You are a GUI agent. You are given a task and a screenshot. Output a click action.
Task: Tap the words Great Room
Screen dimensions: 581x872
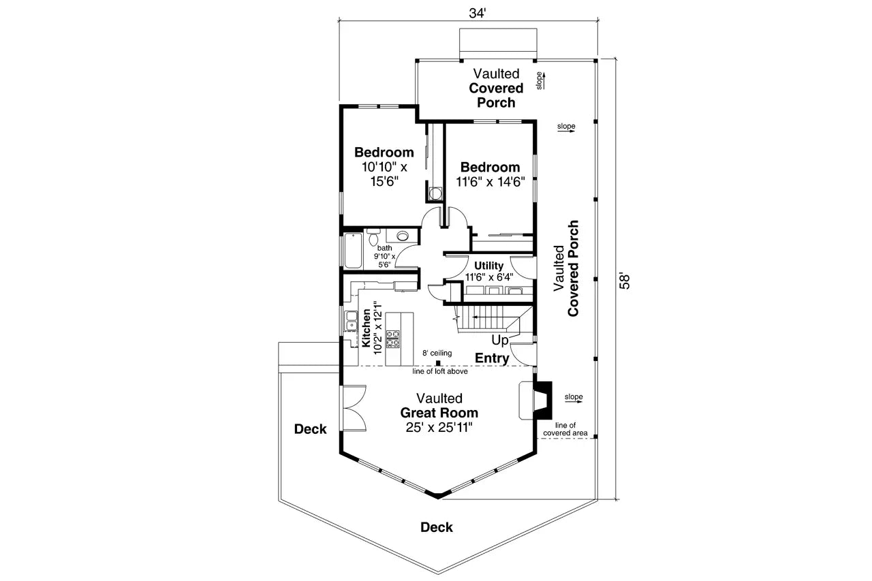(439, 413)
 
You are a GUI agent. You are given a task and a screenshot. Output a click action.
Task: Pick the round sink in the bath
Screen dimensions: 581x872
(403, 236)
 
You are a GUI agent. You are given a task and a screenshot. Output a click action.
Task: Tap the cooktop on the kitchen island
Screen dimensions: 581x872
(394, 339)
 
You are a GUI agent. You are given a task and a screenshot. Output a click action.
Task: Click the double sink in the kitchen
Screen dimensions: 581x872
(352, 321)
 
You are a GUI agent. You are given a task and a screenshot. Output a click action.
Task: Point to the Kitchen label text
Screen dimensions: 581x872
(366, 327)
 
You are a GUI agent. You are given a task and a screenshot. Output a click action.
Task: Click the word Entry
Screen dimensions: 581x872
(492, 358)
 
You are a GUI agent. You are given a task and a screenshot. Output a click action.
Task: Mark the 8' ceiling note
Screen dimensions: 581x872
(437, 353)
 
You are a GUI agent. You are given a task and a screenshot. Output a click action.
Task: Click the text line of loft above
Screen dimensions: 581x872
(439, 372)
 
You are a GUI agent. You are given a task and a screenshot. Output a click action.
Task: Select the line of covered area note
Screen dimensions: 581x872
(565, 429)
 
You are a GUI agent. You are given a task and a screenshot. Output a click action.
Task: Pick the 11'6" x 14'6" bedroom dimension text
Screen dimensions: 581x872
(490, 182)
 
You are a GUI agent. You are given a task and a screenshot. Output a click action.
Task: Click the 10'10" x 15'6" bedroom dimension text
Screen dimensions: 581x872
(384, 174)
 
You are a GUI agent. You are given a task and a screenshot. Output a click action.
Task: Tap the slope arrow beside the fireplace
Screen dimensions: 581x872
(573, 397)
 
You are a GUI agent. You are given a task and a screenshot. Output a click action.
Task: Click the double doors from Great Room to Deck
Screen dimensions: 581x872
(354, 408)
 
